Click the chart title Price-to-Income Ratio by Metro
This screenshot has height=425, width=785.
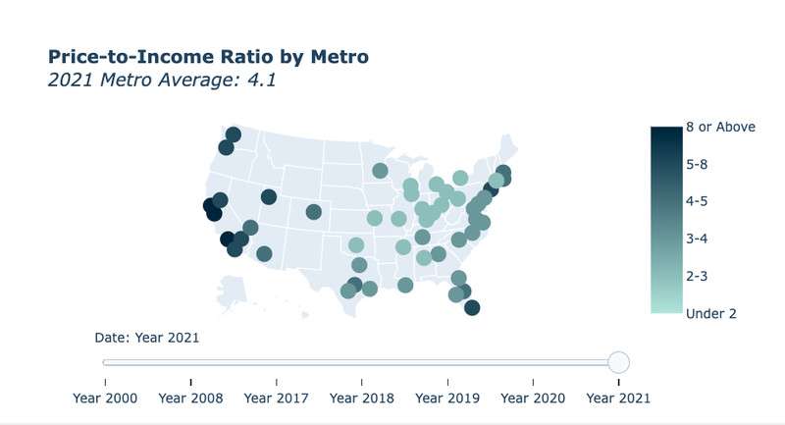(208, 57)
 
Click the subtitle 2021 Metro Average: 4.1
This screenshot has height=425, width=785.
(161, 80)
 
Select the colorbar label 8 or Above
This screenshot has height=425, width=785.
(720, 127)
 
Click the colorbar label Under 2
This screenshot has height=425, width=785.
(711, 313)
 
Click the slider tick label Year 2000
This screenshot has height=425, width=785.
(106, 398)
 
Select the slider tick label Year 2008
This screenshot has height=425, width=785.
(190, 398)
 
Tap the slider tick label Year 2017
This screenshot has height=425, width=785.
(277, 398)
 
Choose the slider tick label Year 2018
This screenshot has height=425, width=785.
(362, 398)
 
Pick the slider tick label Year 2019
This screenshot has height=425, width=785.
(447, 398)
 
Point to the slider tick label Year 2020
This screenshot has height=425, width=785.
(533, 398)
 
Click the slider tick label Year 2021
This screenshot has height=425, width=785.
(618, 398)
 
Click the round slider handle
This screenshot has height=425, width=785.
(618, 362)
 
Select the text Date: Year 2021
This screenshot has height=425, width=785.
(147, 338)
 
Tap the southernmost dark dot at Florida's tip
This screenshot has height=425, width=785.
(472, 308)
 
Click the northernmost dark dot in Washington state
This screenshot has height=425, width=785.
(234, 134)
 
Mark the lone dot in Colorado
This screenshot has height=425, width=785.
(314, 212)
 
